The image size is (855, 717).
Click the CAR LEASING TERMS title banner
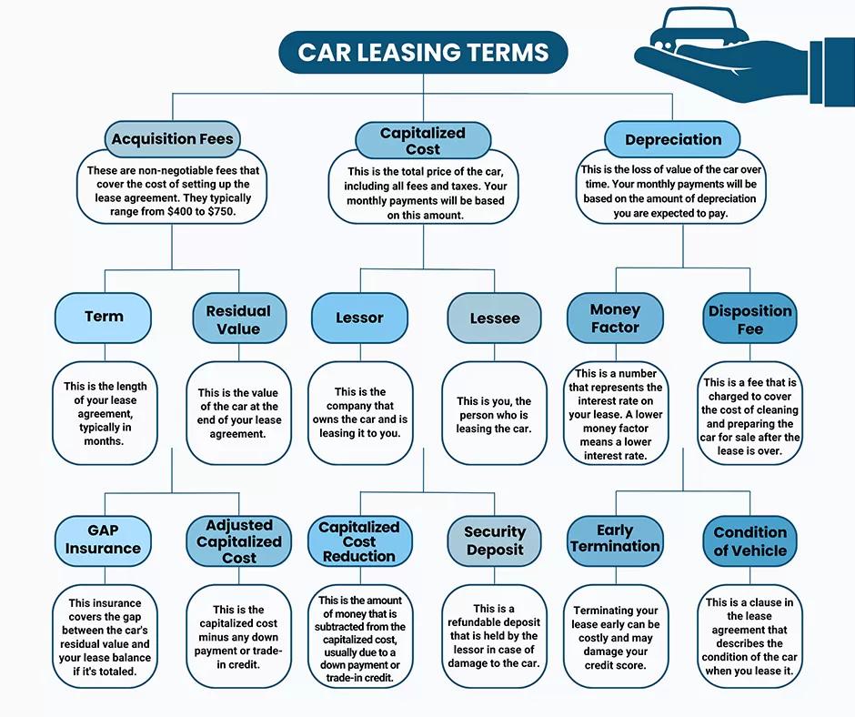pyautogui.click(x=423, y=52)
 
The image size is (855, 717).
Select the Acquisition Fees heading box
pyautogui.click(x=172, y=140)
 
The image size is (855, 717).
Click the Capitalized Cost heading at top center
pyautogui.click(x=422, y=141)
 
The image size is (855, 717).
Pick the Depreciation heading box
pyautogui.click(x=673, y=140)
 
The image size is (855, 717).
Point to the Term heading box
pyautogui.click(x=104, y=317)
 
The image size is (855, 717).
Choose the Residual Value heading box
pyautogui.click(x=238, y=319)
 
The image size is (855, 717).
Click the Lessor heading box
pyautogui.click(x=359, y=318)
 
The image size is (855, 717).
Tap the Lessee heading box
pyautogui.click(x=495, y=318)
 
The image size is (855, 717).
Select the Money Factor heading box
pyautogui.click(x=615, y=318)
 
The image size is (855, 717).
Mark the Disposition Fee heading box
pyautogui.click(x=750, y=319)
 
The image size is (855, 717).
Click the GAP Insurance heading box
pyautogui.click(x=103, y=540)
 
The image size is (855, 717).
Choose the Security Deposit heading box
pyautogui.click(x=495, y=540)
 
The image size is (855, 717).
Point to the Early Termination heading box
pyautogui.click(x=615, y=539)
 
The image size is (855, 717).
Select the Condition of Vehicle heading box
pyautogui.click(x=750, y=540)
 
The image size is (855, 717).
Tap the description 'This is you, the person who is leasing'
pyautogui.click(x=494, y=415)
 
